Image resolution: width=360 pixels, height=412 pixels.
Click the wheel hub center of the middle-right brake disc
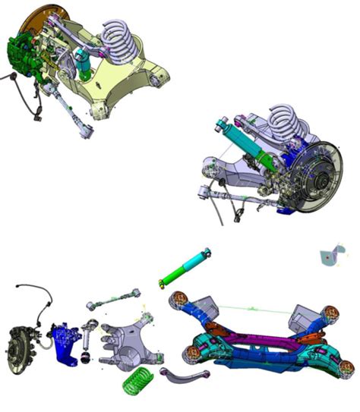coord(320,181)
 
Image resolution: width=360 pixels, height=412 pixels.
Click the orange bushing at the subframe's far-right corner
coord(331,310)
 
